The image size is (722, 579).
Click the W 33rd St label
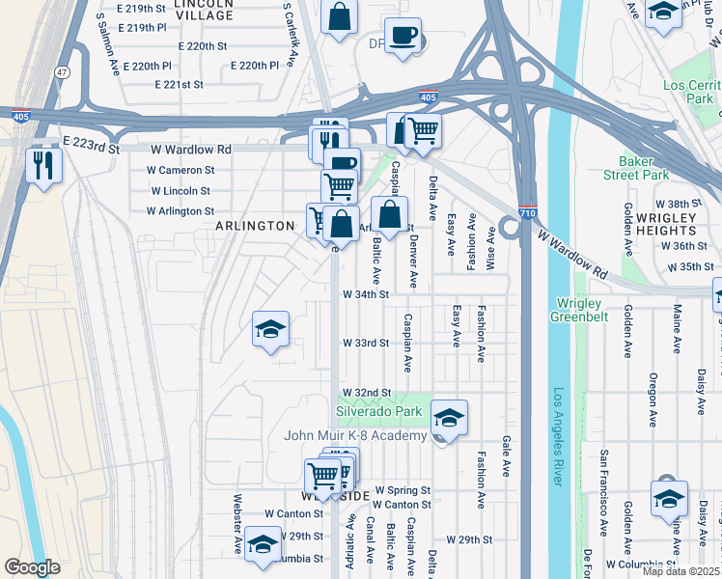(366, 343)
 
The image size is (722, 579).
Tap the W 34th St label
(366, 294)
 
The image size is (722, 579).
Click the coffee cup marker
(403, 37)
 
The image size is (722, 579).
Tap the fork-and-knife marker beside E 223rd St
(43, 164)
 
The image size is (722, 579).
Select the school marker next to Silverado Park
(449, 418)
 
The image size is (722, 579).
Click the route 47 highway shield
(62, 71)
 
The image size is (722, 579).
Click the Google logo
(32, 567)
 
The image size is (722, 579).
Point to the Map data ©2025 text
(680, 571)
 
